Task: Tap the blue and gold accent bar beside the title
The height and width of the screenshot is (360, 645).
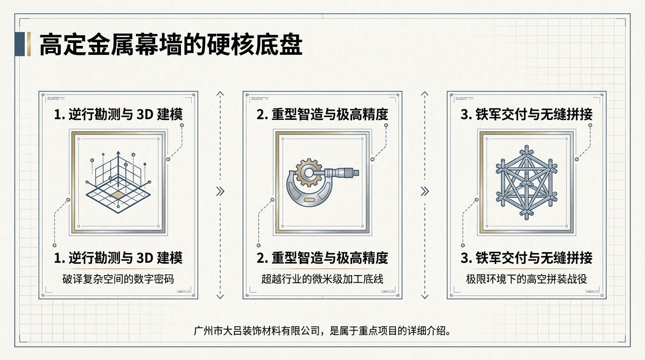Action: pos(22,45)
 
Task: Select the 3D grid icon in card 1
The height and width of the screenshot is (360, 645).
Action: pos(118,180)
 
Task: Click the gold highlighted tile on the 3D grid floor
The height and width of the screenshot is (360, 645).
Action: pos(119,194)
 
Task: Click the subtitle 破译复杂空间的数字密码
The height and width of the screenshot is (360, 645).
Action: pos(118,279)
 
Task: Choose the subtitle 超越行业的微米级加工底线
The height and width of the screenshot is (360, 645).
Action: pos(322,279)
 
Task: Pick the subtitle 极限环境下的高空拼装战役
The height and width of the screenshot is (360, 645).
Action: pos(526,279)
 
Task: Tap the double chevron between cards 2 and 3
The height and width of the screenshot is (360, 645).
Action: pos(425,191)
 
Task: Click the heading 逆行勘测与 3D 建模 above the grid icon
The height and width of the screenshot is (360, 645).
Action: pos(118,114)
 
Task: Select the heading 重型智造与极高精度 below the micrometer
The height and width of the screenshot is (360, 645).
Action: pos(322,258)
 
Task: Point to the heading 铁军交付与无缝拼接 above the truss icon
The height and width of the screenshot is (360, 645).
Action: pos(526,114)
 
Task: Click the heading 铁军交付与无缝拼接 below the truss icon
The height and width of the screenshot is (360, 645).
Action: pos(526,258)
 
